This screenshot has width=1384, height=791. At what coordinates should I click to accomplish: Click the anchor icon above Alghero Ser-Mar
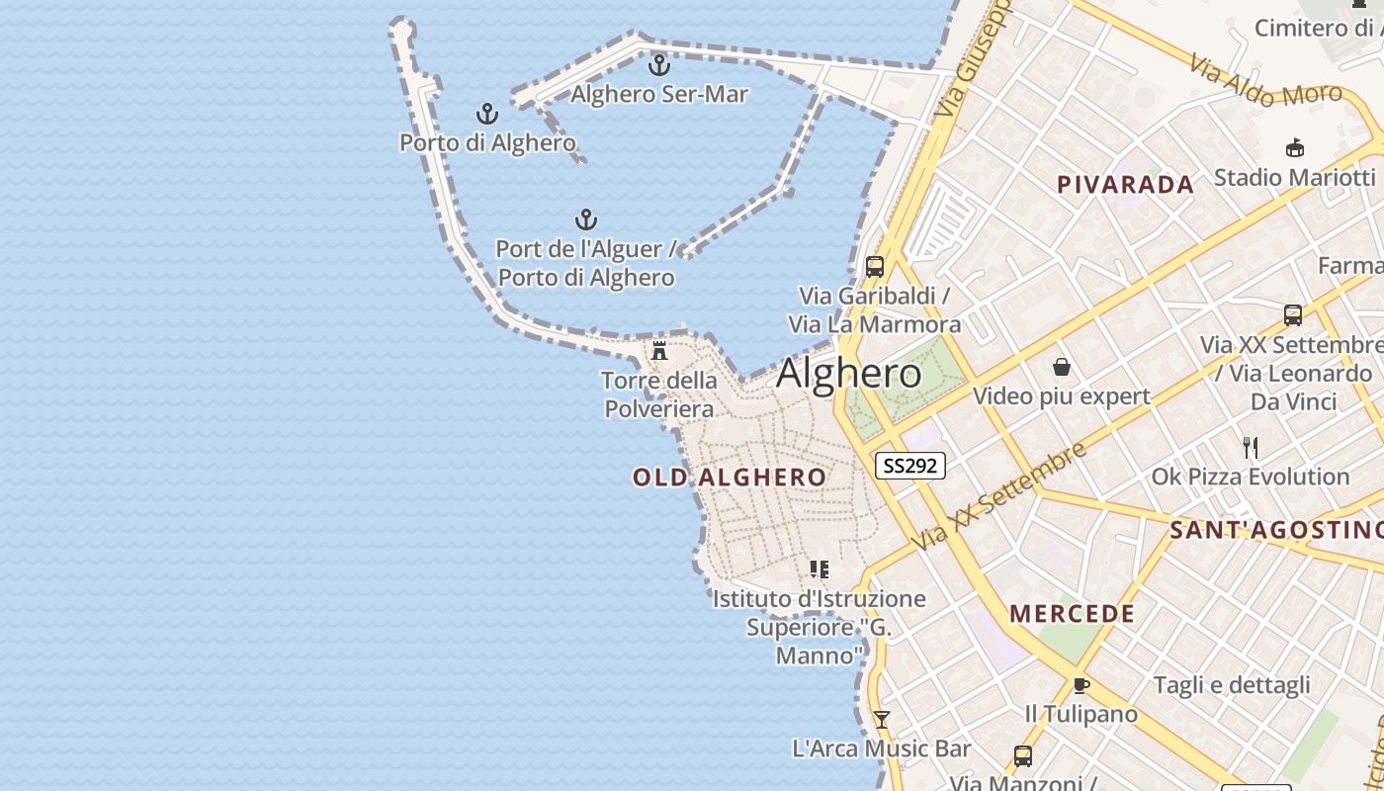tap(659, 66)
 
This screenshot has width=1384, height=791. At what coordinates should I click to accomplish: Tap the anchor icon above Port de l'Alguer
tap(586, 220)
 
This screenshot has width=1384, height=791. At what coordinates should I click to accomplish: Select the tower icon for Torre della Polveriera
tap(659, 351)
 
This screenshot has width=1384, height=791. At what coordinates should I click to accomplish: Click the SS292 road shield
tap(909, 465)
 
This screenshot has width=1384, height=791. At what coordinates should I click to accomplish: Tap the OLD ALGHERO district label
tap(730, 478)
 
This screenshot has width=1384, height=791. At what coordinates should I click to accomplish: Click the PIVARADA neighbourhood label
tap(1125, 185)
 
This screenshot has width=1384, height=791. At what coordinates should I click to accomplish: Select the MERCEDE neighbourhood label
tap(1073, 614)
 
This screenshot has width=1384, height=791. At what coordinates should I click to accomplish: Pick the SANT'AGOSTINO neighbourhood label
tap(1276, 530)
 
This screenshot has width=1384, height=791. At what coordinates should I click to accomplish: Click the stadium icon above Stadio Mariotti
tap(1294, 148)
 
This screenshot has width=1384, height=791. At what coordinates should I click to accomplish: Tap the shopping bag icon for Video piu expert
tap(1062, 368)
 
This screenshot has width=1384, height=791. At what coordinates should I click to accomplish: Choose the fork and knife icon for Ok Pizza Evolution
tap(1251, 448)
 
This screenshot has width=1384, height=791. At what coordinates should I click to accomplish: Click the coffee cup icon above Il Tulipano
tap(1081, 685)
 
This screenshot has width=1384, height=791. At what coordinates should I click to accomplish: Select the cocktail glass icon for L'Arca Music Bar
tap(881, 720)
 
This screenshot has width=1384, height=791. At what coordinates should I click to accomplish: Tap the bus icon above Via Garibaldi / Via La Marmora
tap(875, 267)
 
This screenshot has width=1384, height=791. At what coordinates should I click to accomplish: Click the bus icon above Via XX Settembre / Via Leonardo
tap(1292, 315)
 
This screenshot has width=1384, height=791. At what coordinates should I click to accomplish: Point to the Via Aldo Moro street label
tap(1265, 82)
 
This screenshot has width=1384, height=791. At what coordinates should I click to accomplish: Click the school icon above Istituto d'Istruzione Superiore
tap(819, 570)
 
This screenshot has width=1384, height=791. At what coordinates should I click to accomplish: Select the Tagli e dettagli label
tap(1232, 685)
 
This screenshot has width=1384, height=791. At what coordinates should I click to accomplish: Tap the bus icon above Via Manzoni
tap(1023, 756)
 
